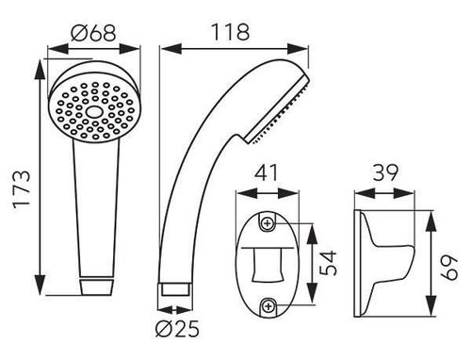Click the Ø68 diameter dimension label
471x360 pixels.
pos(93,33)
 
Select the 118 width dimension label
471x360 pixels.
pos(231,32)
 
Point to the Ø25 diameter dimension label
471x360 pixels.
pos(177,329)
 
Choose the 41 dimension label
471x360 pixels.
pos(267,172)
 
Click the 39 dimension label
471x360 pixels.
pos(385,172)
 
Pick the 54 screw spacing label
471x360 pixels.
pos(329,263)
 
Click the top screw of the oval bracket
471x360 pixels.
pos(268,223)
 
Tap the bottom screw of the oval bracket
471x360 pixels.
pos(268,306)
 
